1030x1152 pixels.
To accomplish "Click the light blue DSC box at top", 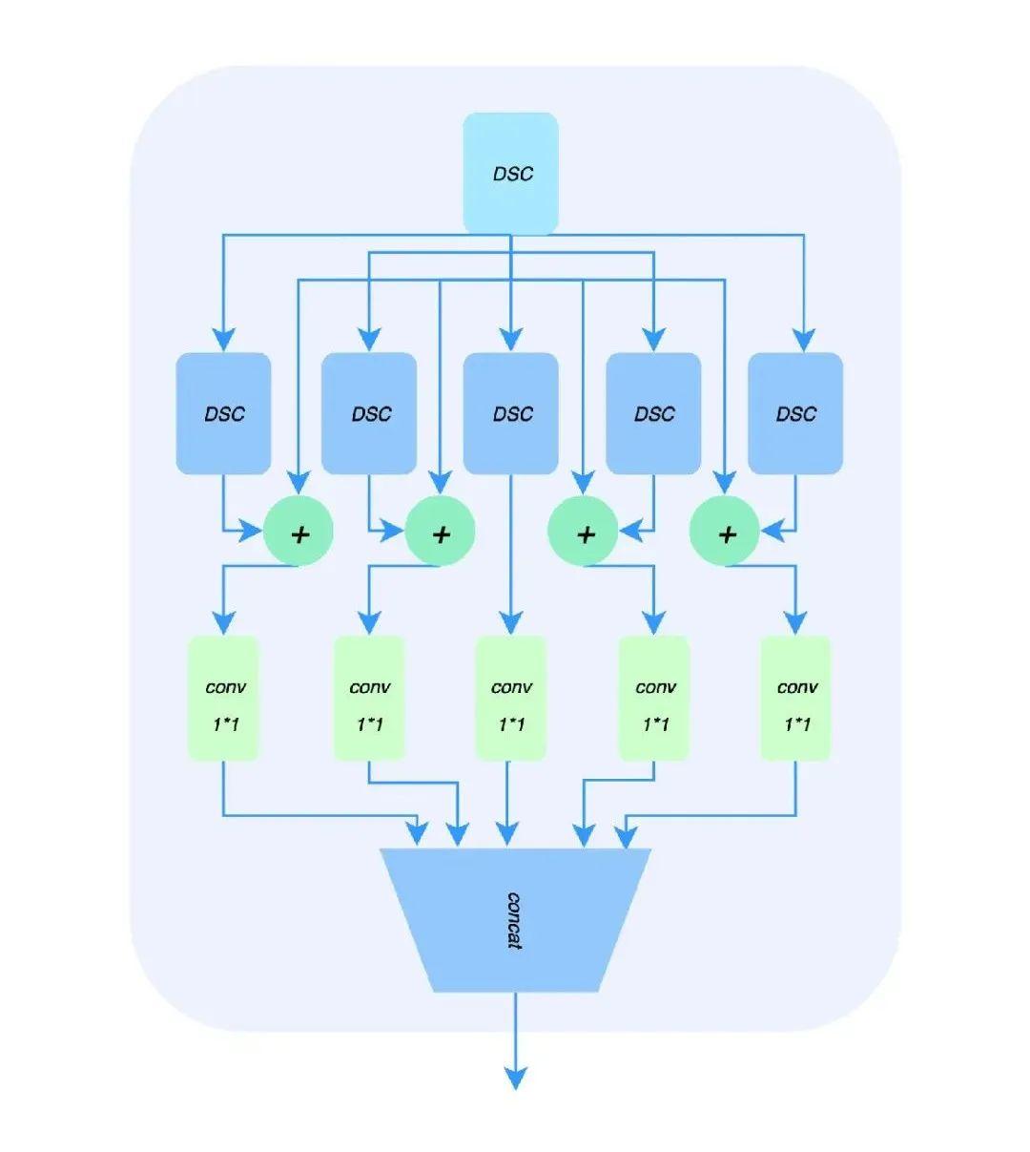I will (510, 174).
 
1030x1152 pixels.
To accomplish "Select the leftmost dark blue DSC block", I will (223, 413).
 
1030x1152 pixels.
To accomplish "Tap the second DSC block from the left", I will (369, 413).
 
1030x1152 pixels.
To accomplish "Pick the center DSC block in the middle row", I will (510, 413).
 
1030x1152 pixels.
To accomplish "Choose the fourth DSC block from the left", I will (653, 413).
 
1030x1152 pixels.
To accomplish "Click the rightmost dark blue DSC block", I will (795, 413).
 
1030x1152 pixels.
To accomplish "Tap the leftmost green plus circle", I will (299, 534).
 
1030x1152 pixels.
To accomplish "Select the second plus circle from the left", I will (440, 534).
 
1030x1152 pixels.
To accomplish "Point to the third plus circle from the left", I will (584, 534).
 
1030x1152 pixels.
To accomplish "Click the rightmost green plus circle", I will (725, 534).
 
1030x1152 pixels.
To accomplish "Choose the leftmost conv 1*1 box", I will (223, 699).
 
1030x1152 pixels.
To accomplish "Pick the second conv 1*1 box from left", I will (369, 699).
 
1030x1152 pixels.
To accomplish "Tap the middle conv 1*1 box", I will (510, 699).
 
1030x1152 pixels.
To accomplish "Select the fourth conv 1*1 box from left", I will (654, 699).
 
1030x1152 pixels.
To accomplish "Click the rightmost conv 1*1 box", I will (795, 699).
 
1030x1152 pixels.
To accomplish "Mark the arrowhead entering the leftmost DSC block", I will (223, 339).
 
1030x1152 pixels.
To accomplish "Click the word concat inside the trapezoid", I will (514, 920).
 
